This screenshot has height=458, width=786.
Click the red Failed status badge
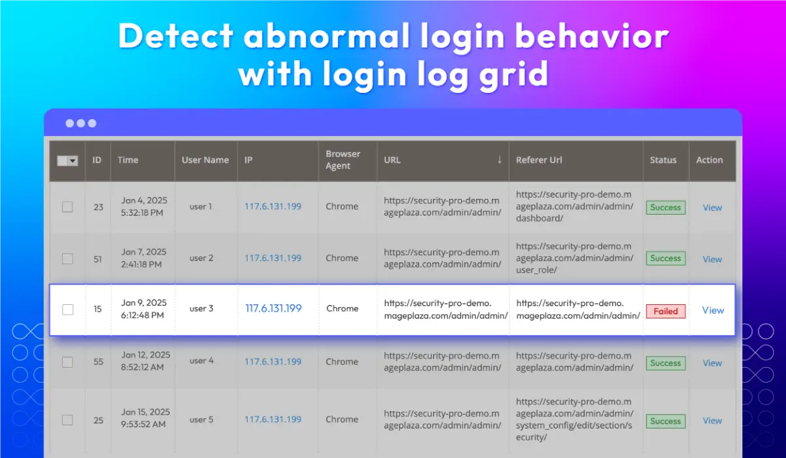(x=665, y=311)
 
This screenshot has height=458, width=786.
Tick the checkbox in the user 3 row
(x=67, y=309)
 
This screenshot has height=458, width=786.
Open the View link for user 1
(x=713, y=207)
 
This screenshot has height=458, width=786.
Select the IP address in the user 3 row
(x=273, y=308)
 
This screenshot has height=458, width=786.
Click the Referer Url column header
(x=539, y=160)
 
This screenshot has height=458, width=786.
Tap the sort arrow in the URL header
(x=500, y=160)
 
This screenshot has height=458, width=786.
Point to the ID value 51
(x=98, y=259)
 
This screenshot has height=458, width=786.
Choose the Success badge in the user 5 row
(x=665, y=421)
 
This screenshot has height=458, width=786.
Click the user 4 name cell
(x=202, y=361)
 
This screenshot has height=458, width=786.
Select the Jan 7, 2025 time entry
(x=143, y=258)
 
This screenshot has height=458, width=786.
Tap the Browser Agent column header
(x=343, y=160)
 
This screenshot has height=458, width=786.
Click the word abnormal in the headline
(x=327, y=36)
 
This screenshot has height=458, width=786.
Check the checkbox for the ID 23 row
(x=67, y=207)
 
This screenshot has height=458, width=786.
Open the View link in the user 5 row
(x=713, y=421)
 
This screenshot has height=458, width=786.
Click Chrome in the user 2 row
(x=342, y=258)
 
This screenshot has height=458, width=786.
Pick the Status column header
(x=663, y=160)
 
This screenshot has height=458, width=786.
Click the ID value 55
(x=98, y=362)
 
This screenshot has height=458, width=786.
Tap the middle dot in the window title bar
(x=81, y=124)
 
